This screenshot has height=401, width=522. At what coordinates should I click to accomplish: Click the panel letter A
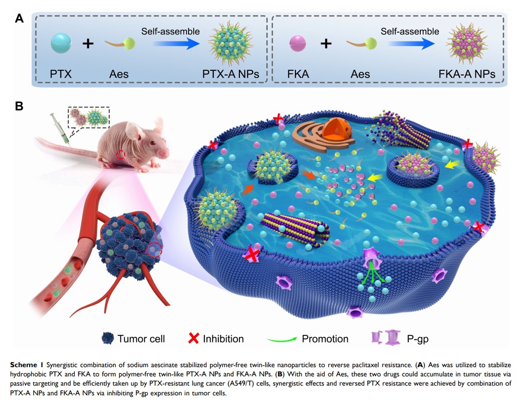[20, 19]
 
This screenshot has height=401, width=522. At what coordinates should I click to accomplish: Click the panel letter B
[20, 106]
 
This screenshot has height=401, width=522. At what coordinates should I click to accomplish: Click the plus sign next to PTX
[88, 44]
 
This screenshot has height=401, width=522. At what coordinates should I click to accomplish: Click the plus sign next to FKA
[325, 44]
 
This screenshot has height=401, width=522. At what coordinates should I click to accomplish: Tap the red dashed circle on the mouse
[121, 154]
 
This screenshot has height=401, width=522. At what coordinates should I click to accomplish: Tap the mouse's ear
[139, 134]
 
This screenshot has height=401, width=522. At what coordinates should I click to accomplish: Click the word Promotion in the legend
[325, 338]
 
